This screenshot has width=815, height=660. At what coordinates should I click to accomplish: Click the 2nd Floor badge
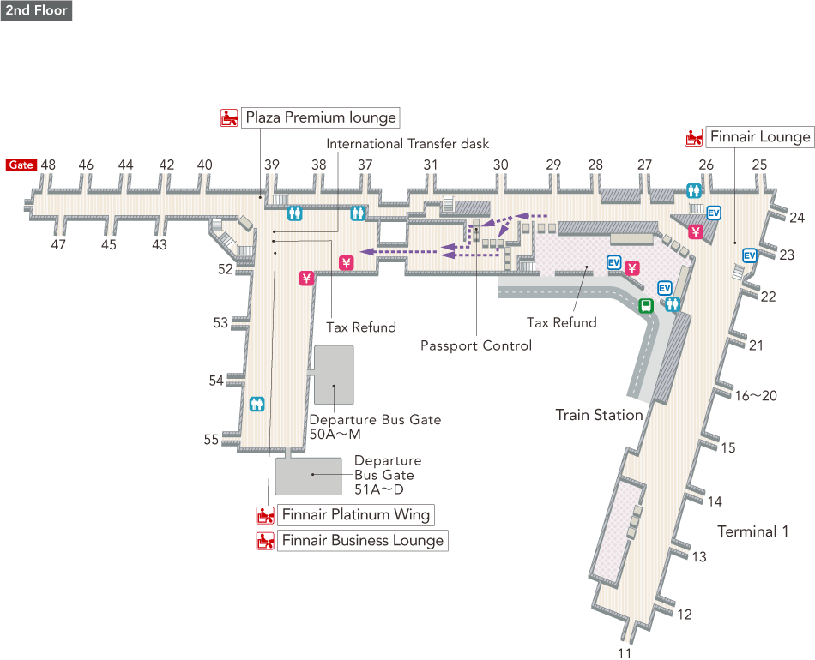click(x=35, y=10)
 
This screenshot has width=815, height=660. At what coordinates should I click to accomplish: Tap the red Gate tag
click(x=21, y=165)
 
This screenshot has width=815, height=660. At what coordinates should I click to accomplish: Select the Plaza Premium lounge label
click(x=321, y=117)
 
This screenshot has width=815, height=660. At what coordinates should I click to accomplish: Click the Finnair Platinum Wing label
click(x=355, y=515)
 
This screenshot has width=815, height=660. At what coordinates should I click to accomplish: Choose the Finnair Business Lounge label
click(x=362, y=541)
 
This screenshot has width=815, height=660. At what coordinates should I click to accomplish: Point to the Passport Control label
click(x=476, y=345)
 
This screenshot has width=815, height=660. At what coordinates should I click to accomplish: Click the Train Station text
click(x=599, y=415)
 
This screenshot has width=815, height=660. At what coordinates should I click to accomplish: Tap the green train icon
click(x=644, y=304)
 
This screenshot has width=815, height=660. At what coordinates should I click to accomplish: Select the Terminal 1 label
click(x=752, y=531)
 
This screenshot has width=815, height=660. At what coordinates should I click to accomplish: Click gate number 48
click(x=48, y=165)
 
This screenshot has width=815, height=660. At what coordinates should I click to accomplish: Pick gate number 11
click(x=625, y=652)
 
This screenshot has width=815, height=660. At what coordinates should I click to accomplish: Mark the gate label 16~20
click(x=756, y=395)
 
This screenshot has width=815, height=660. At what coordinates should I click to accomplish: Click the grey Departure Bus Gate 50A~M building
click(x=334, y=375)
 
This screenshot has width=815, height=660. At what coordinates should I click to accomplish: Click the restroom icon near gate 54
click(x=257, y=404)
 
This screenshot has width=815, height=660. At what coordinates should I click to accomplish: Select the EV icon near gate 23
click(x=749, y=255)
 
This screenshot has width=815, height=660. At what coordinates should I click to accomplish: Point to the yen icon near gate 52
click(x=306, y=278)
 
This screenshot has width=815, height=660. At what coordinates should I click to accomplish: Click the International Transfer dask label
click(x=407, y=144)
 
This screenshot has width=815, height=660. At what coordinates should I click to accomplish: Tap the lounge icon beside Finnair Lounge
click(x=693, y=137)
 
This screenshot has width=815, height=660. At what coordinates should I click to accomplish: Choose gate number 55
click(x=211, y=440)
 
